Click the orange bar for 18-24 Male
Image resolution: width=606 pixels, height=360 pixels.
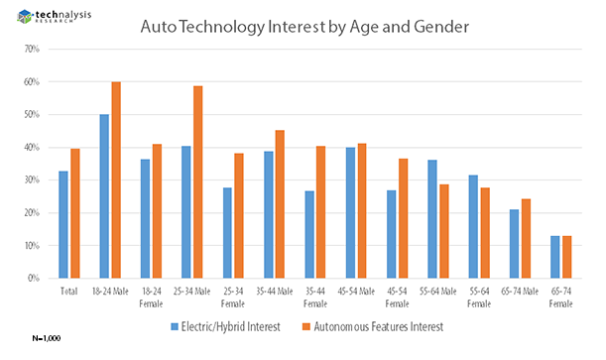click(x=116, y=180)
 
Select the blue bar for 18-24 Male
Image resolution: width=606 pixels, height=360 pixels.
click(x=104, y=196)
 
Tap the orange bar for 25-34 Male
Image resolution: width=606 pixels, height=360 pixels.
click(x=198, y=181)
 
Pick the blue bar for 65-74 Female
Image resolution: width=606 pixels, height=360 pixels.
click(x=555, y=257)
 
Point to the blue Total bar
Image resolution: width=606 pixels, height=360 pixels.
click(x=63, y=224)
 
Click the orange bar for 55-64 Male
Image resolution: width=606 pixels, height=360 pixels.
click(x=444, y=231)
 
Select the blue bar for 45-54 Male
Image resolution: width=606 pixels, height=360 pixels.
click(x=350, y=213)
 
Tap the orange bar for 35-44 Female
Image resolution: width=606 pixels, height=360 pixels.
click(x=320, y=212)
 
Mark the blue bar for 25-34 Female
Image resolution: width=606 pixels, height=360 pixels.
click(x=227, y=233)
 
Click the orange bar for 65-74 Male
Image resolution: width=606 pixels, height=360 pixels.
click(x=526, y=238)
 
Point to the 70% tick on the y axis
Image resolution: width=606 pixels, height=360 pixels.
click(x=32, y=49)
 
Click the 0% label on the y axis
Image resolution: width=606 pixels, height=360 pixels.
click(x=34, y=278)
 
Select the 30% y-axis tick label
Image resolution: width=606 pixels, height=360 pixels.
click(x=32, y=180)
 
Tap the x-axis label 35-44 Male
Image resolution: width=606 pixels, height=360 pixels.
click(x=275, y=292)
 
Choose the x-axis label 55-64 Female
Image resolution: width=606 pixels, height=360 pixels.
click(x=479, y=298)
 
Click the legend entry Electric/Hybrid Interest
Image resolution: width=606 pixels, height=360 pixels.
click(x=226, y=327)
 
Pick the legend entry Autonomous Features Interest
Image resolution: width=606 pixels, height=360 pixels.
click(x=373, y=327)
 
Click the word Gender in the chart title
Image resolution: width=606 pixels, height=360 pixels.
click(x=441, y=27)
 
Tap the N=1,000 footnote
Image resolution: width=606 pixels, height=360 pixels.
click(x=47, y=338)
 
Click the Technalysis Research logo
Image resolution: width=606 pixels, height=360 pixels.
click(x=55, y=16)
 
